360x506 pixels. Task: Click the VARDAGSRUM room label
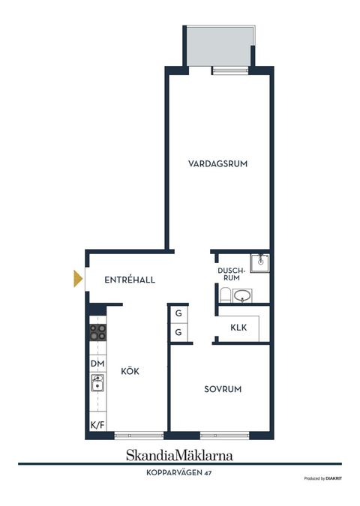[218, 163]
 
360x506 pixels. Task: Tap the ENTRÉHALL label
[130, 280]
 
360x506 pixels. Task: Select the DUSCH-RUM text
[229, 274]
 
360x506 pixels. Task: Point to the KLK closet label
[238, 327]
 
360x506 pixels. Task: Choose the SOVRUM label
[223, 389]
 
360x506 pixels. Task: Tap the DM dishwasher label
[97, 364]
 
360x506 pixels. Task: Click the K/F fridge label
[97, 425]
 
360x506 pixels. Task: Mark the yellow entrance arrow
[77, 279]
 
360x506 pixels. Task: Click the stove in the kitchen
[97, 332]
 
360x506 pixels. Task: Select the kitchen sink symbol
[97, 385]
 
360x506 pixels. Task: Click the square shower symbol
[259, 261]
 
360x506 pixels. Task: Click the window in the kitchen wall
[139, 436]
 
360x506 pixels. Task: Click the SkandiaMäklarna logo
[179, 455]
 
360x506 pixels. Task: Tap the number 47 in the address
[208, 473]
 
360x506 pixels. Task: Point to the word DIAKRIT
[335, 478]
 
